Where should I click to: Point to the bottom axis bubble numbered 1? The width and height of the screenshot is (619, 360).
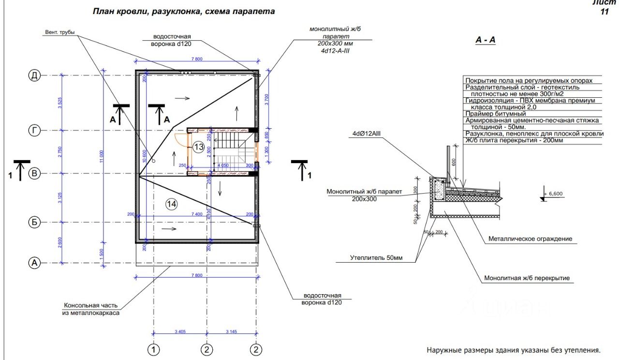click(x=154, y=349)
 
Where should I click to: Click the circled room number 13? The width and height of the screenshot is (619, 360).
click(x=198, y=147)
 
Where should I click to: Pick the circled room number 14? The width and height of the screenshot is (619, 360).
click(x=172, y=204)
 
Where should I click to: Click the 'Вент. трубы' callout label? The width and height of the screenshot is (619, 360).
click(x=59, y=33)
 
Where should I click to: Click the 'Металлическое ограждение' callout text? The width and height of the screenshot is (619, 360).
click(x=530, y=239)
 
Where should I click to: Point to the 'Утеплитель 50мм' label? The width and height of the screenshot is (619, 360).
click(x=376, y=258)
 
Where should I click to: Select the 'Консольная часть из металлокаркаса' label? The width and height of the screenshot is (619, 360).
click(x=91, y=309)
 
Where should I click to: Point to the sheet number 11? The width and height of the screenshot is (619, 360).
click(x=604, y=12)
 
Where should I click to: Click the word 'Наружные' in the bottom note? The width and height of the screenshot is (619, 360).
click(x=442, y=350)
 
